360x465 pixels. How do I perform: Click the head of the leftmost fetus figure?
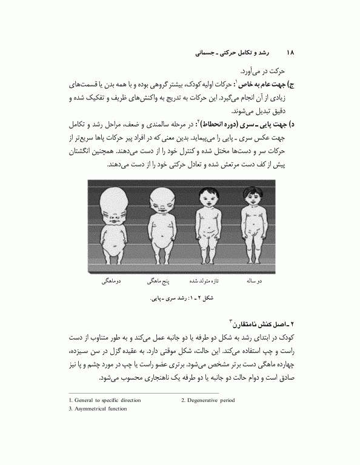(x=115, y=199)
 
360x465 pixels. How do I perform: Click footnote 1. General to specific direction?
(x=105, y=400)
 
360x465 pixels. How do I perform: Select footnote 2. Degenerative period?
(x=208, y=400)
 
